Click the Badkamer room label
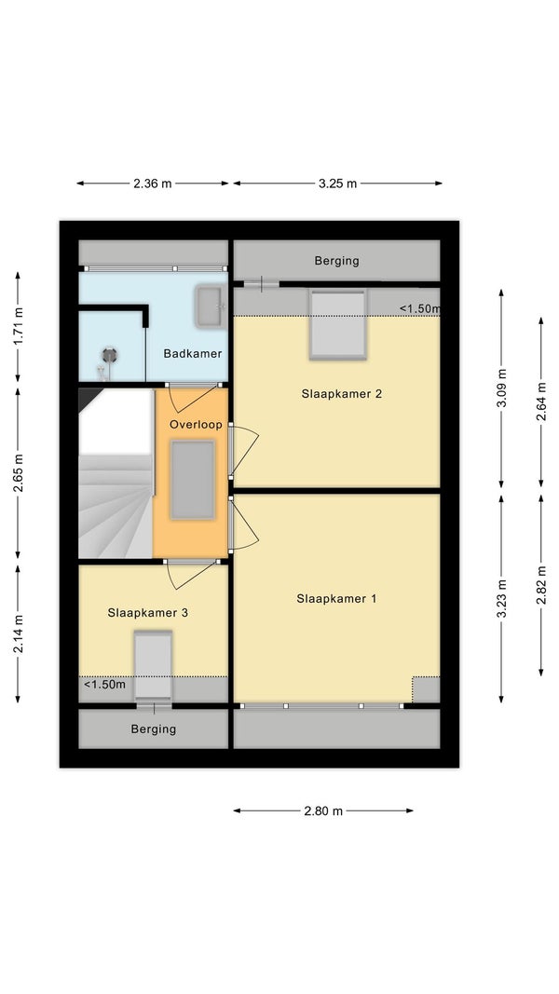[193, 354]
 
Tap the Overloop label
[196, 425]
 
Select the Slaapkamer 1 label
[336, 598]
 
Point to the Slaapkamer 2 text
[342, 394]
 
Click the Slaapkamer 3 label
[148, 613]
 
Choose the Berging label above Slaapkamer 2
[336, 261]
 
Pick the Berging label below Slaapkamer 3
[154, 729]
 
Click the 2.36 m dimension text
[152, 184]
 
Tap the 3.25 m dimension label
[337, 184]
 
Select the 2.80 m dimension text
[323, 810]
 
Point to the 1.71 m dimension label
[19, 327]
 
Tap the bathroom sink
[210, 306]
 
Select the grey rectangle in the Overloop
[193, 480]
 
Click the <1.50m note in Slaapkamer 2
[419, 308]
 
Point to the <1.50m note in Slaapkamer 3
[104, 685]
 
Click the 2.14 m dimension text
[19, 633]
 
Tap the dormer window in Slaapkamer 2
[338, 324]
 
